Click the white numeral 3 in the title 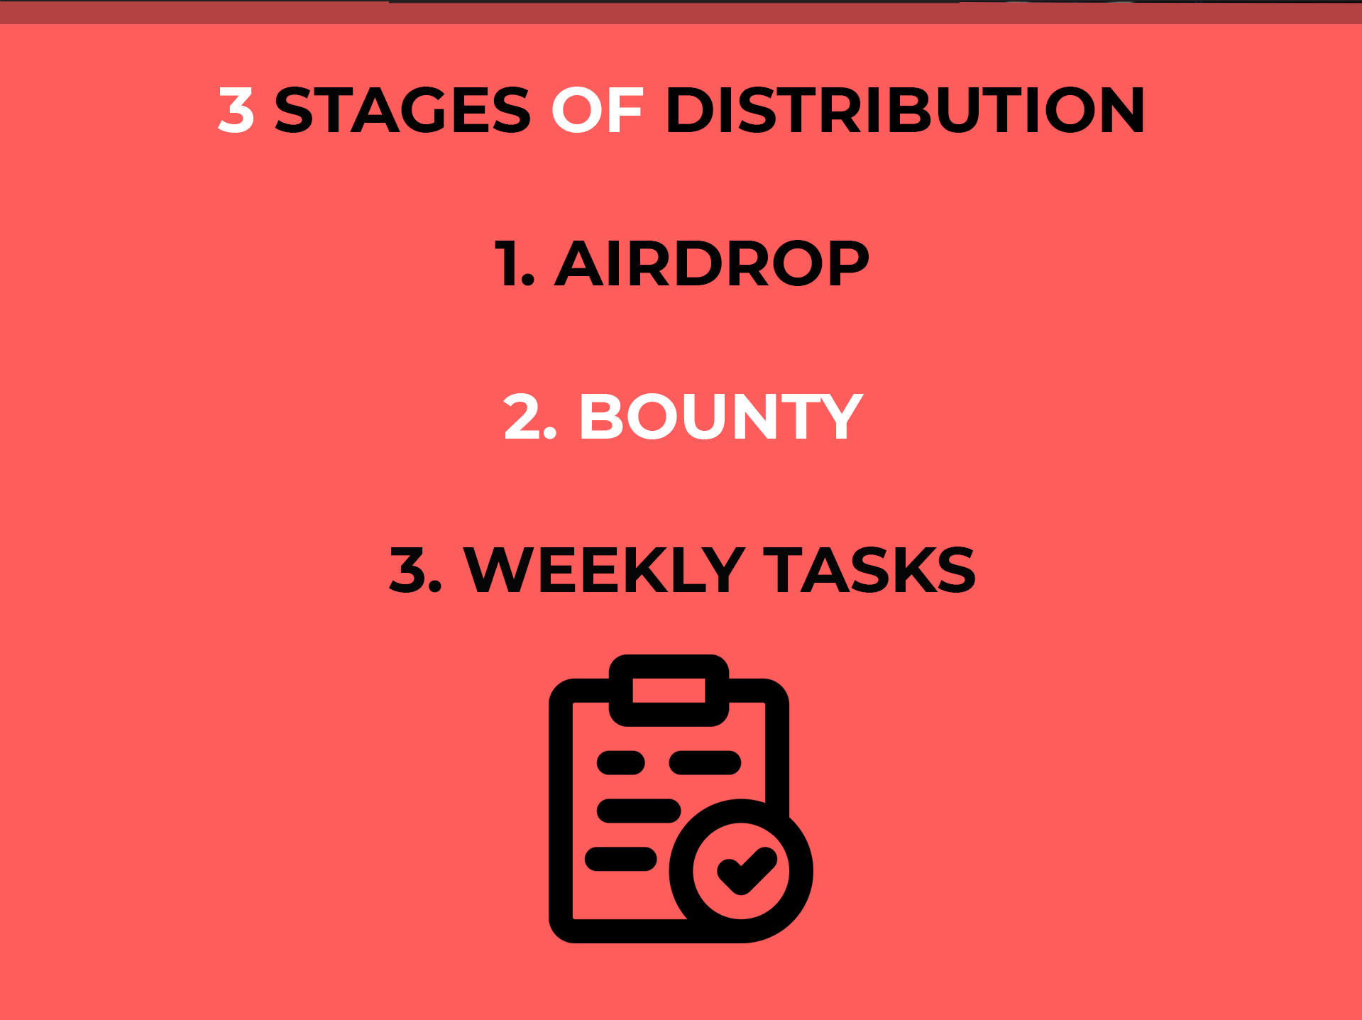236,110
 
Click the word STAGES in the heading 402,110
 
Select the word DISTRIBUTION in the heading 905,110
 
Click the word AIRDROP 712,263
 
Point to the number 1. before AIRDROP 514,263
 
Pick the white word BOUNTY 721,417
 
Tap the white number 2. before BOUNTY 529,417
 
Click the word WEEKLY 604,570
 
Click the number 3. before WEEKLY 416,570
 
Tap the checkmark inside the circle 747,870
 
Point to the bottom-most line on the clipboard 621,859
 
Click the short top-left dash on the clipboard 621,763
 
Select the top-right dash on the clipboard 705,763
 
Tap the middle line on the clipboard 639,811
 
